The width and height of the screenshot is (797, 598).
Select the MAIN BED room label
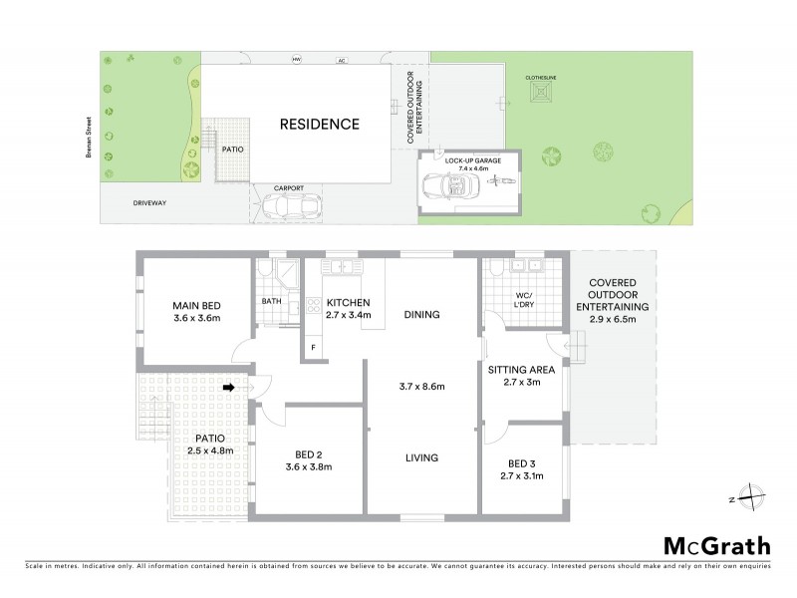pyautogui.click(x=196, y=305)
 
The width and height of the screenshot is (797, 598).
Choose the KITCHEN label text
pyautogui.click(x=349, y=302)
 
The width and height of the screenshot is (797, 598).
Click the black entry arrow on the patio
pyautogui.click(x=228, y=388)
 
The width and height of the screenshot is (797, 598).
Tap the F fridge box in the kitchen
pyautogui.click(x=314, y=347)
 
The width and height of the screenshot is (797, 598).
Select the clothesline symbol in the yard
pyautogui.click(x=543, y=93)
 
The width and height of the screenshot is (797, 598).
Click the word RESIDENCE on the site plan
pyautogui.click(x=319, y=125)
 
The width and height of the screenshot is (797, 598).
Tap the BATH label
pyautogui.click(x=272, y=301)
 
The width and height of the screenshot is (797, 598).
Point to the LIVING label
pyautogui.click(x=421, y=457)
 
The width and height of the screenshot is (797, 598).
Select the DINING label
pyautogui.click(x=421, y=315)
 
